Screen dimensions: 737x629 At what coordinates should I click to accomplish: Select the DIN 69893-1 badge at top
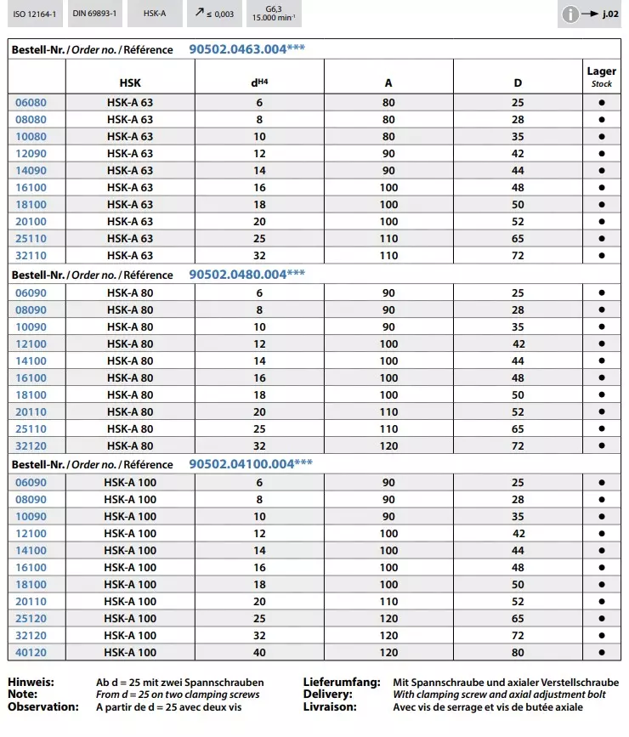coord(94,14)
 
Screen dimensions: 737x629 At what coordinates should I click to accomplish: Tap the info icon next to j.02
coord(570,14)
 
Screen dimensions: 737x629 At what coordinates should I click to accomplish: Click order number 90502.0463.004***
coord(246,49)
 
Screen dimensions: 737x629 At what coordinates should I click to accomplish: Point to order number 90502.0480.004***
coord(246,274)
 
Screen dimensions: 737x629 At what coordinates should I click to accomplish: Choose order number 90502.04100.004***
coord(250,464)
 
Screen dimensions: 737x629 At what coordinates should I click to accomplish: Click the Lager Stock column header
coord(602,77)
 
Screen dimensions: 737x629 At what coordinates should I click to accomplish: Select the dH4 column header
coord(259,83)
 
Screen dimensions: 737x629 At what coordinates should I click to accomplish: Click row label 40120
coord(31,652)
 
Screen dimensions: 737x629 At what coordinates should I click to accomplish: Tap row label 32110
coord(31,255)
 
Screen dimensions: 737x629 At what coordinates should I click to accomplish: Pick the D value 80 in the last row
coord(518,652)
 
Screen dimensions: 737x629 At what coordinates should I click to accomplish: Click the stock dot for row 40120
coord(602,652)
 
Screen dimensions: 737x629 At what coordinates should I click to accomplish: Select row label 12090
coord(31,153)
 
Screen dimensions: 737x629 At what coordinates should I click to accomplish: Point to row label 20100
coord(31,221)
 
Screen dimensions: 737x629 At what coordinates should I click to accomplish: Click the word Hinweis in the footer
coord(31,682)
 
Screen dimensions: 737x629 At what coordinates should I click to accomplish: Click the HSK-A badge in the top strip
coord(155,14)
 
